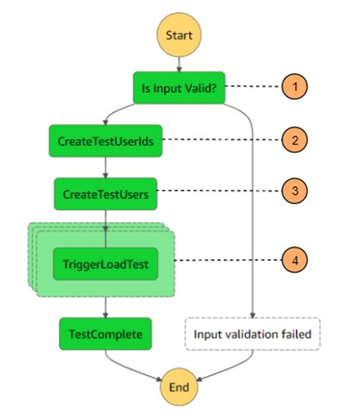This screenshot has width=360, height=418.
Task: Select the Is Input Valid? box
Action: click(x=178, y=87)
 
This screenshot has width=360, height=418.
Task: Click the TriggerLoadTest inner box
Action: click(x=105, y=264)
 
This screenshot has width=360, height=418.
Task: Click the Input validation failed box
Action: click(x=251, y=334)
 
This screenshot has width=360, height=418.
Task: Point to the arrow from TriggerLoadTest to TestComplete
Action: click(x=105, y=306)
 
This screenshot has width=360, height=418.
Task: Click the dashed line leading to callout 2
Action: click(x=220, y=140)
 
